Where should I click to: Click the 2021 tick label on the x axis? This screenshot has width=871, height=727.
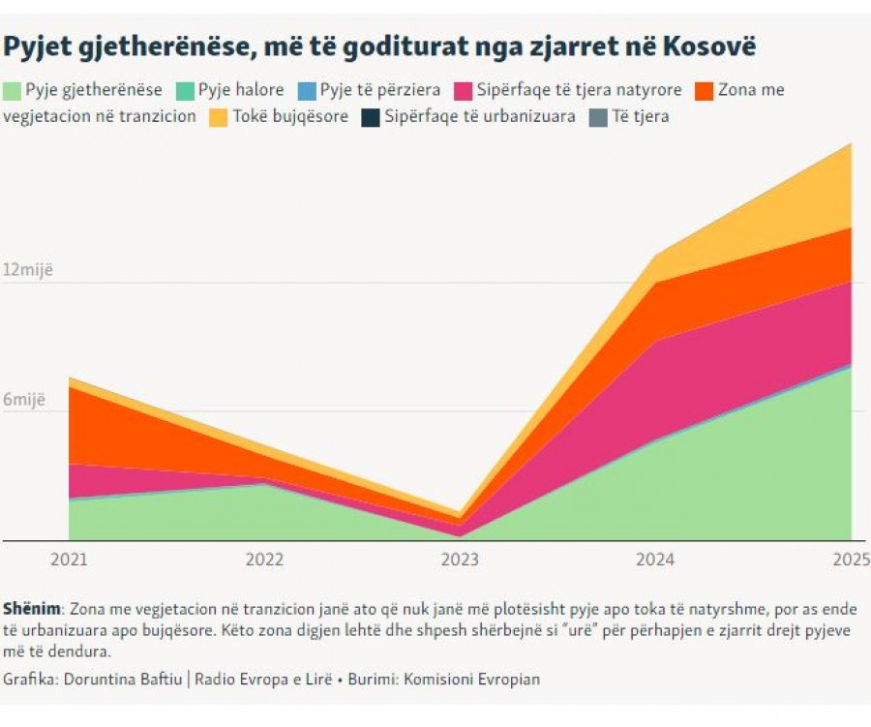click(x=69, y=559)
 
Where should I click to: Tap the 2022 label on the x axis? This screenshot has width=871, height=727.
click(x=264, y=559)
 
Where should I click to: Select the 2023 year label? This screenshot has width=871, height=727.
click(x=460, y=559)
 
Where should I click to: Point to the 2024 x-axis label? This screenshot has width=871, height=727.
click(x=655, y=559)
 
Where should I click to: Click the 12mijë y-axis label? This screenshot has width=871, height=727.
click(x=28, y=269)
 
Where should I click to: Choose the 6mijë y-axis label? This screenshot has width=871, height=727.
click(x=24, y=400)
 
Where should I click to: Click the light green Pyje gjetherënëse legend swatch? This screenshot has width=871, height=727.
click(x=12, y=91)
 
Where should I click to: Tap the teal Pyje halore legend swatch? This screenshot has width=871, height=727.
click(x=185, y=91)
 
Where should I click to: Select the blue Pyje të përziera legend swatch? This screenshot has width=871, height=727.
click(x=307, y=91)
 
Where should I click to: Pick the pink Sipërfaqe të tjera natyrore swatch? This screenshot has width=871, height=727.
click(x=464, y=91)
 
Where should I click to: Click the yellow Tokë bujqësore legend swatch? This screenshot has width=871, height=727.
click(x=219, y=118)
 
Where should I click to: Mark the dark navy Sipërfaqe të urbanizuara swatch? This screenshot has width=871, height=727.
click(x=371, y=118)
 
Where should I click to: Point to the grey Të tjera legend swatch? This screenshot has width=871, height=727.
click(x=598, y=118)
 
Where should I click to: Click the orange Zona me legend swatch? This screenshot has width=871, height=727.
click(x=705, y=91)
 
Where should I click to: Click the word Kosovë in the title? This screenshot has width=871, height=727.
click(x=708, y=45)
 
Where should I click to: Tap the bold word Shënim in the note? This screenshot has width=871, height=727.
click(x=32, y=609)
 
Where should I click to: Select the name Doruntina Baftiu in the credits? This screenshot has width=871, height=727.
click(x=123, y=680)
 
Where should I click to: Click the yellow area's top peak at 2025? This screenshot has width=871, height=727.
click(x=851, y=144)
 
